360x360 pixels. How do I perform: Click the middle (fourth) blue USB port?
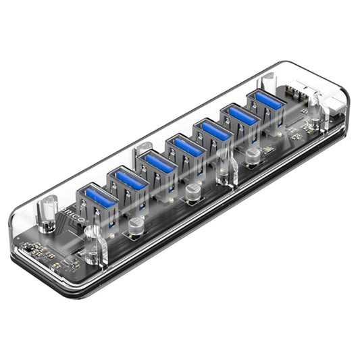pos(186,147)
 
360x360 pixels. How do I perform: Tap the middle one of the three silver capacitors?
pos(194,190)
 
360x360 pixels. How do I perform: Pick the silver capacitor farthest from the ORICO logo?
pos(253,156)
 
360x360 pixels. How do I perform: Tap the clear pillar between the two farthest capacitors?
pos(224,172)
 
